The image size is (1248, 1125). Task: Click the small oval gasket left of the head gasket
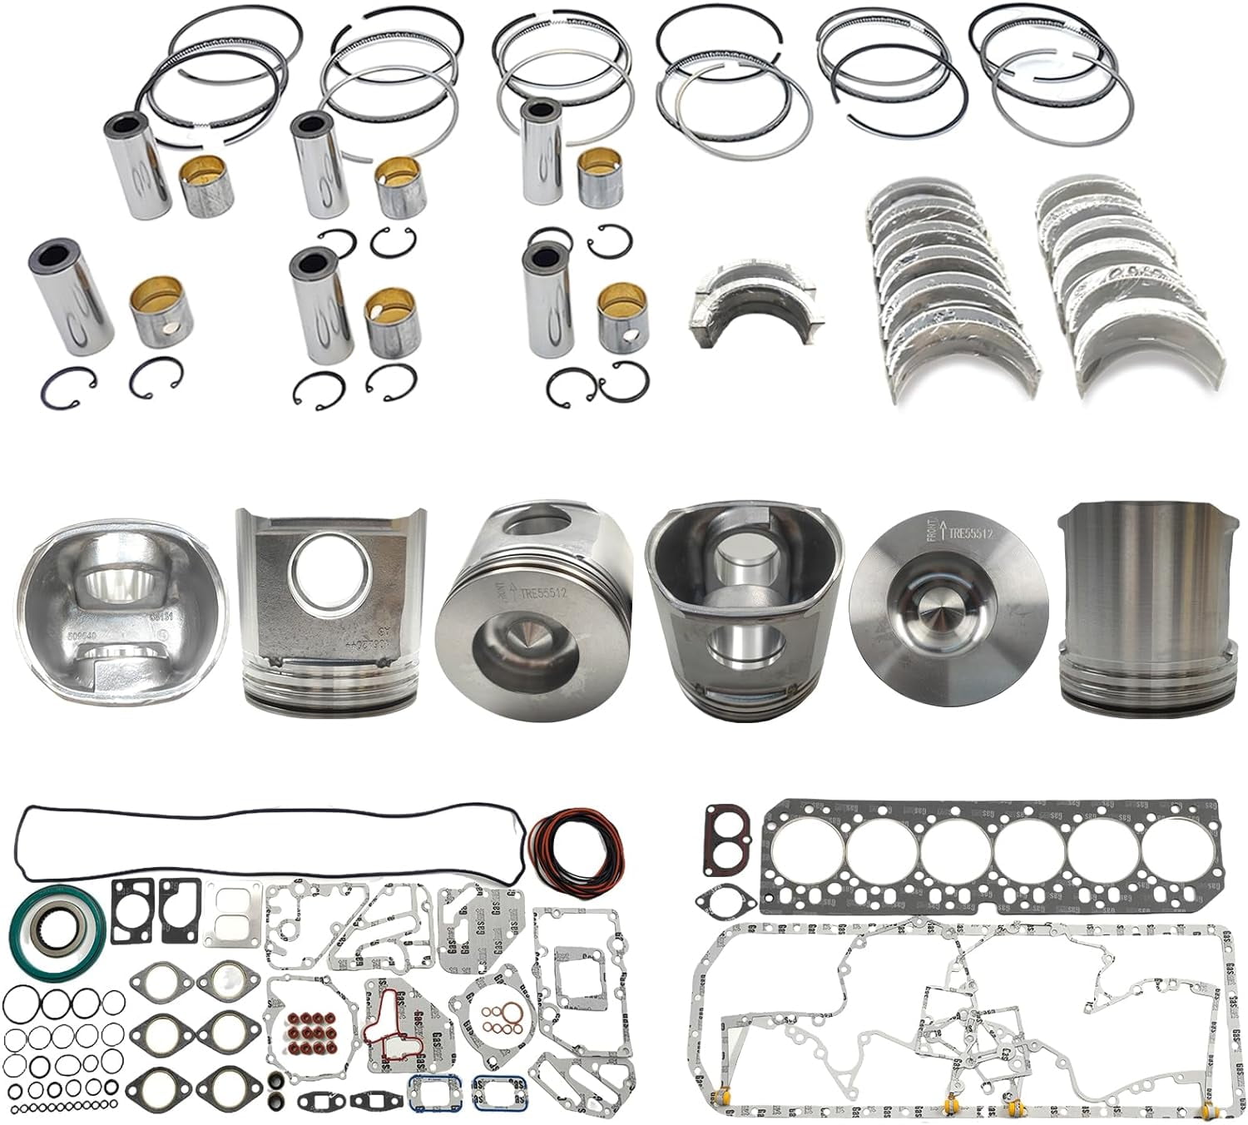(x=720, y=900)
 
